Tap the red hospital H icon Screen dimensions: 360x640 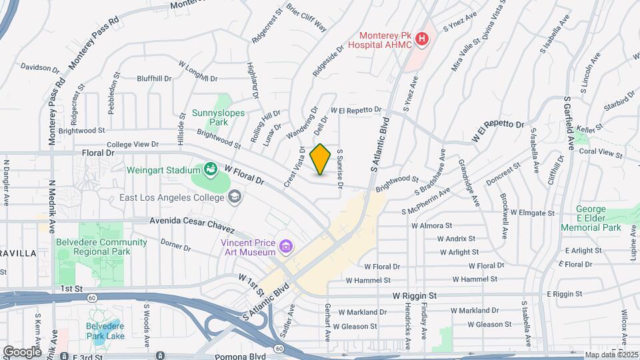pyautogui.click(x=421, y=40)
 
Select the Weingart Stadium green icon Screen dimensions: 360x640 pyautogui.click(x=211, y=169)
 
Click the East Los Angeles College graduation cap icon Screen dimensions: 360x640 pyautogui.click(x=234, y=197)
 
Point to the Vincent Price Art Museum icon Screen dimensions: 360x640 pyautogui.click(x=286, y=247)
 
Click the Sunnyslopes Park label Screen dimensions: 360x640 pyautogui.click(x=219, y=118)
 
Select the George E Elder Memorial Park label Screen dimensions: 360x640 pyautogui.click(x=600, y=219)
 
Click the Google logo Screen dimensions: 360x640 pyautogui.click(x=22, y=351)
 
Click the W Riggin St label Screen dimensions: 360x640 pyautogui.click(x=414, y=295)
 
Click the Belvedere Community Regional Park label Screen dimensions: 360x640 pyautogui.click(x=101, y=246)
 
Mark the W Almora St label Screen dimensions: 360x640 pyautogui.click(x=431, y=226)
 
